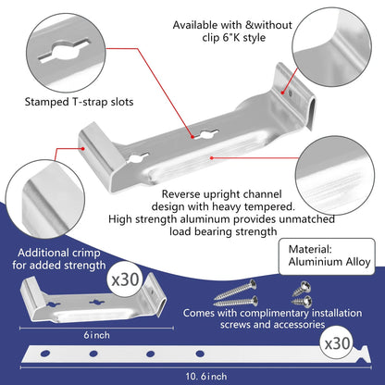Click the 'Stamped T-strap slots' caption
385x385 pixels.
[79, 102]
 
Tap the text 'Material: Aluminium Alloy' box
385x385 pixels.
[327, 256]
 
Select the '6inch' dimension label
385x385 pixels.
[96, 335]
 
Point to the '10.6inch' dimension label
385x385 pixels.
[206, 377]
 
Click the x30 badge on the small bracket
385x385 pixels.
[125, 279]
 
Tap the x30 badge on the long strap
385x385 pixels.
[338, 343]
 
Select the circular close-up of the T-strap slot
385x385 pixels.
[66, 53]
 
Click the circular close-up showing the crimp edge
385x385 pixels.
[45, 199]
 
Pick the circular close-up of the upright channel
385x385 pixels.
[335, 175]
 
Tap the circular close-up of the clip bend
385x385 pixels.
[331, 47]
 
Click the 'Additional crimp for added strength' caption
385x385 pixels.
[58, 259]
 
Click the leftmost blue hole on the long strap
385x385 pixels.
[45, 353]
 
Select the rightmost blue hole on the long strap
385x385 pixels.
[200, 354]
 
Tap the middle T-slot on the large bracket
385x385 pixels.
[205, 134]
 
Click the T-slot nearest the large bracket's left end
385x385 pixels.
[138, 158]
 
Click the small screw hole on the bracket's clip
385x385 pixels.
[290, 93]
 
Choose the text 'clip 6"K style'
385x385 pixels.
[234, 38]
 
